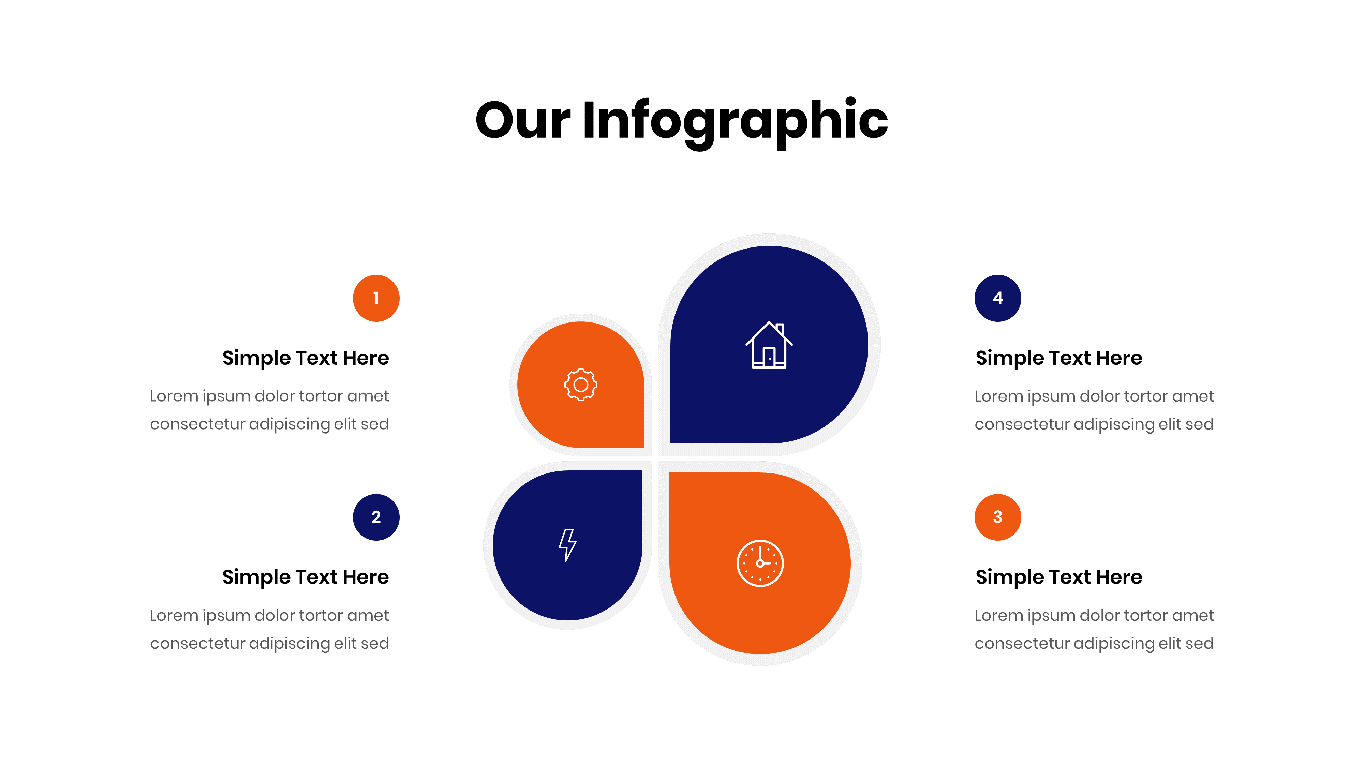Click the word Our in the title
pos(523,122)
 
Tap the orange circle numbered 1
pos(376,298)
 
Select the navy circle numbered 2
pos(376,517)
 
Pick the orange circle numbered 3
pos(997,517)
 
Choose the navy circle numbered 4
pos(997,298)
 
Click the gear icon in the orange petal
pos(580,385)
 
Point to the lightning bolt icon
pos(567,545)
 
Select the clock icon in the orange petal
pos(760,563)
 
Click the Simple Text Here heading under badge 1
pos(306,358)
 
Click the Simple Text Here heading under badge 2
pos(306,577)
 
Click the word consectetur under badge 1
pos(197,424)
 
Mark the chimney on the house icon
pos(781,328)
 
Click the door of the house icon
pos(769,357)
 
